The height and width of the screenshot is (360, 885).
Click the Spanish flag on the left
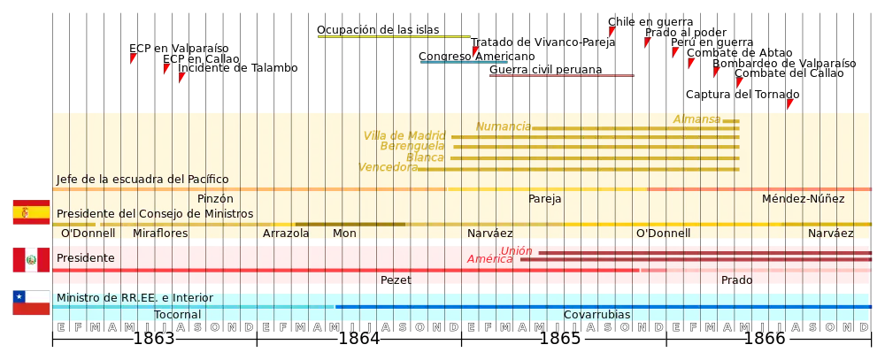click(x=29, y=212)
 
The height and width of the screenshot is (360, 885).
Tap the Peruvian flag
click(x=29, y=260)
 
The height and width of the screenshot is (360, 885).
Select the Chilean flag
click(x=29, y=303)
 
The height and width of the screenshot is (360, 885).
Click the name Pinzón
click(x=215, y=199)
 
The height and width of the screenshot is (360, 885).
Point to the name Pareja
click(x=545, y=199)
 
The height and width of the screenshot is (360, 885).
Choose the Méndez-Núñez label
click(x=803, y=199)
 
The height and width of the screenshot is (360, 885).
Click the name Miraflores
click(x=160, y=234)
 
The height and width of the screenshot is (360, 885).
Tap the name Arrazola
click(x=286, y=234)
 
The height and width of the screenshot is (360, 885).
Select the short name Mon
click(x=344, y=234)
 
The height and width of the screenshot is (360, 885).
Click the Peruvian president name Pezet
click(x=396, y=280)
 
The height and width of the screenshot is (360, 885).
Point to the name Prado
click(x=736, y=280)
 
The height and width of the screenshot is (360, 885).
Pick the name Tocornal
click(x=178, y=315)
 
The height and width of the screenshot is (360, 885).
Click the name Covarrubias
click(x=597, y=315)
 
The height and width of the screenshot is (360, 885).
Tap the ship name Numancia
click(x=503, y=126)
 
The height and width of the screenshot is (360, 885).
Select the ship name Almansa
click(x=696, y=119)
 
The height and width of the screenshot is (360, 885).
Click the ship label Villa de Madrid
click(x=404, y=135)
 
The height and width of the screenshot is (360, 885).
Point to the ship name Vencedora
click(x=388, y=167)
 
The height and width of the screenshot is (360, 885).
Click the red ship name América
click(x=489, y=259)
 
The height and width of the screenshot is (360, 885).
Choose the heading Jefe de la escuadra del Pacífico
click(x=142, y=179)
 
